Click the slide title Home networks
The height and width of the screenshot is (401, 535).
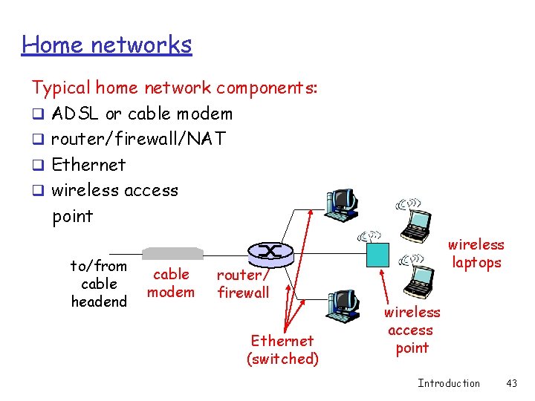[107, 45]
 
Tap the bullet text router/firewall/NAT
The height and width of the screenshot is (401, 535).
[138, 139]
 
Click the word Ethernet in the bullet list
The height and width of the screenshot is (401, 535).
[88, 164]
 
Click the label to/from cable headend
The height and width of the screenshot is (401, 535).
[99, 284]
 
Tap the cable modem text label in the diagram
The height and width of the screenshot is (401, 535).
[171, 283]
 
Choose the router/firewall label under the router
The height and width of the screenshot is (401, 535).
[243, 284]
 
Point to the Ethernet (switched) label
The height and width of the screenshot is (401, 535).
[282, 350]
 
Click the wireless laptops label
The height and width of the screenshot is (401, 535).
[476, 253]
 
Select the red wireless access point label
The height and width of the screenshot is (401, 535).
[412, 330]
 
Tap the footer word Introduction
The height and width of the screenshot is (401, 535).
[449, 383]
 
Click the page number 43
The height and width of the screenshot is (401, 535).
[510, 383]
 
